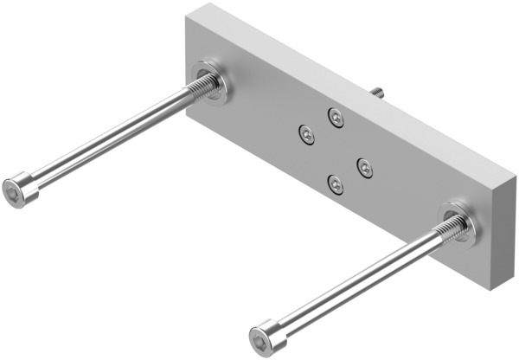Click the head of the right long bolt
click(x=266, y=336)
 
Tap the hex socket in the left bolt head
click(x=12, y=191)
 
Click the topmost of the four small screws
click(x=336, y=115)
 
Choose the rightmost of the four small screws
click(x=365, y=167)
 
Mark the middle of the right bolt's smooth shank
click(x=355, y=282)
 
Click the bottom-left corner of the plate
click(x=187, y=113)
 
